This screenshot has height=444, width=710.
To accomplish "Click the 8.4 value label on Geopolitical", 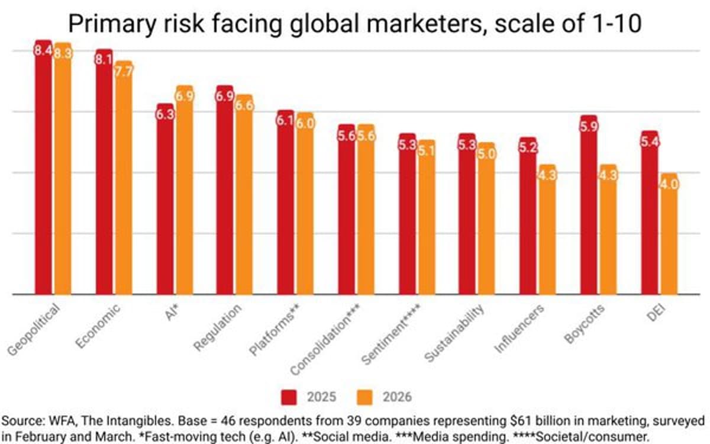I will pyautogui.click(x=44, y=51).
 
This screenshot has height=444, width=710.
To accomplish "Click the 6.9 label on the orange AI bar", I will pyautogui.click(x=185, y=96).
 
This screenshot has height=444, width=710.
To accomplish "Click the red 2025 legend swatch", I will pyautogui.click(x=291, y=396).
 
